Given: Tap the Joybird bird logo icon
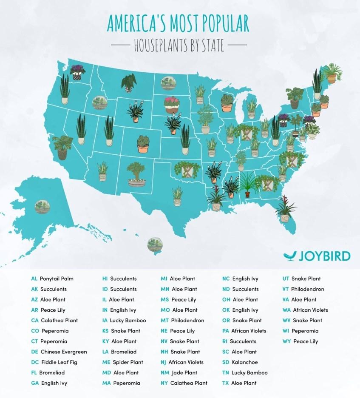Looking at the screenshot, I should [290, 256].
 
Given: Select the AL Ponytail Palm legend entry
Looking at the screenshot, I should [52, 279].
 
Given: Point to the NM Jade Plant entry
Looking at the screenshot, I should [179, 372].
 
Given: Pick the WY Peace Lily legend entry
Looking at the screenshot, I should [300, 341].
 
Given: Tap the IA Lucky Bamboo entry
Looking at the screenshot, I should [124, 321].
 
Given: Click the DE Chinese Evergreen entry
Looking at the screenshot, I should [59, 352].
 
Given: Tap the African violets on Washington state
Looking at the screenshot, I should [77, 72].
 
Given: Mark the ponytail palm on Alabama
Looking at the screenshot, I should [247, 185].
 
